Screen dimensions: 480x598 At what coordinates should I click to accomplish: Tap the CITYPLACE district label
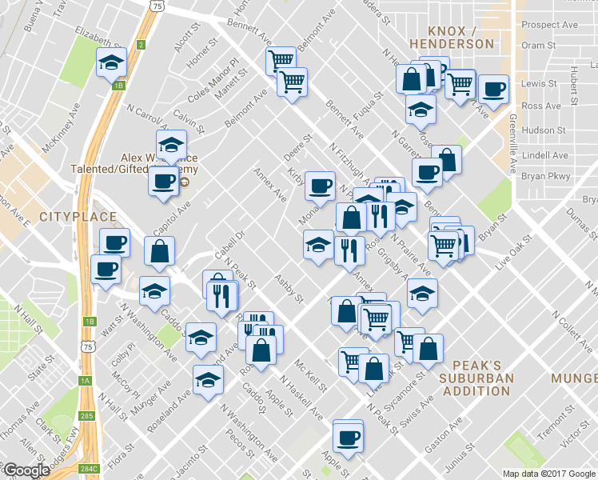pos(78,217)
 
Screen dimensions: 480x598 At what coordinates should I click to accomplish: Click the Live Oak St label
pos(512,254)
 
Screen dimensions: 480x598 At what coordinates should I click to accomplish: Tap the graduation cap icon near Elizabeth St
pos(112,62)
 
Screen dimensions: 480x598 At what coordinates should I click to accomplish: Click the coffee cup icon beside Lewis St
pos(492,89)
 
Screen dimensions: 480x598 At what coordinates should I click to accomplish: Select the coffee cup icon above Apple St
pos(348,437)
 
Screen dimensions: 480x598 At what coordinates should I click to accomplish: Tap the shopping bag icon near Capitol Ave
pos(160,252)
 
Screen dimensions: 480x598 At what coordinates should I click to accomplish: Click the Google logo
pos(26,470)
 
